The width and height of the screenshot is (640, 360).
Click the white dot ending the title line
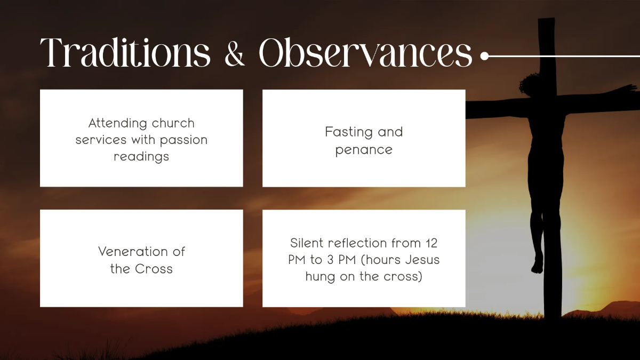(484, 55)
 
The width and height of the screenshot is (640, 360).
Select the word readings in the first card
(141, 157)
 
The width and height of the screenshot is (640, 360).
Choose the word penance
(364, 150)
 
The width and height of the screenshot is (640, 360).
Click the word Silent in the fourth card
(307, 243)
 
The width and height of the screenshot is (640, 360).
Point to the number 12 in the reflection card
(431, 243)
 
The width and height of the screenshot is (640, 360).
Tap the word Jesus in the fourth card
(423, 260)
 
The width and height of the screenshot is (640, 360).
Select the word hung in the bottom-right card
(319, 277)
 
